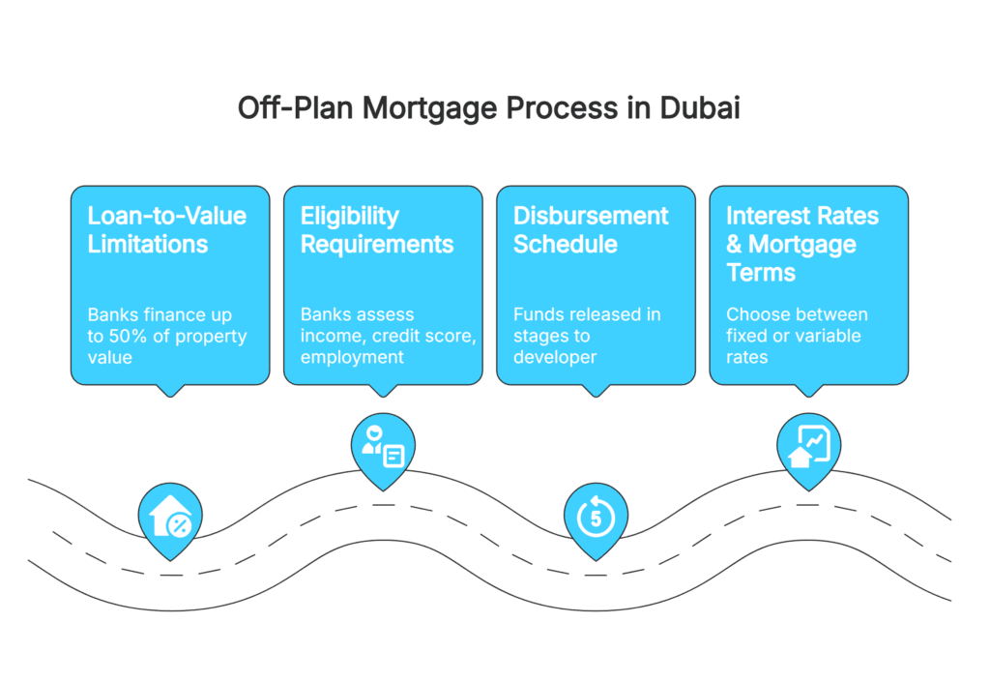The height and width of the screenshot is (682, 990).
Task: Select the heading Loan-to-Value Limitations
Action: coord(166,229)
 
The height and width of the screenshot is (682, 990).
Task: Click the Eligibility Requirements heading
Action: coord(376,229)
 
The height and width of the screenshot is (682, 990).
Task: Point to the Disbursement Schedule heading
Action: coord(590,229)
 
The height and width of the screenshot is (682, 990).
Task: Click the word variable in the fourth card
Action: coord(828,337)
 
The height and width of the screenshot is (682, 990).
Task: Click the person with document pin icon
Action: coord(383,446)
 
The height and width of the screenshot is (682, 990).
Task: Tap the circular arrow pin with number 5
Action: coord(596,518)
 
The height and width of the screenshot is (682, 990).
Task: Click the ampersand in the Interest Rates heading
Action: coord(735,244)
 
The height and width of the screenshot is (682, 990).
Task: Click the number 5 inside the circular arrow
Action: coord(596,519)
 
